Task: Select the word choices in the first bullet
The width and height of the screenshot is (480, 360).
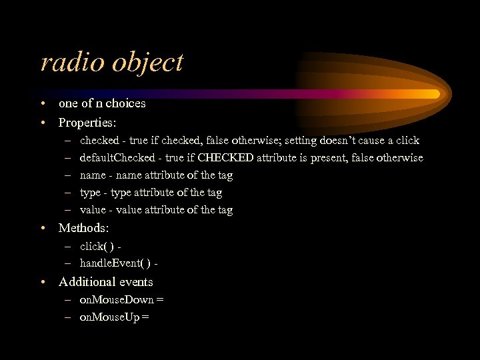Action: tap(125, 103)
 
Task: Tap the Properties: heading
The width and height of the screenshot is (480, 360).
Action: tap(87, 123)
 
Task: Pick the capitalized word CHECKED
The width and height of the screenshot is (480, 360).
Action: tap(227, 158)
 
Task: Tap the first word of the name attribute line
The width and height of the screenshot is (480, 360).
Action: tap(93, 175)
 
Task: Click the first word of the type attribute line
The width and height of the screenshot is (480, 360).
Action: tap(90, 193)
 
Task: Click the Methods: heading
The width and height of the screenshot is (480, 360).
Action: tap(83, 228)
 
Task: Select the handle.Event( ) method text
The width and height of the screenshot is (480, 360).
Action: tap(115, 264)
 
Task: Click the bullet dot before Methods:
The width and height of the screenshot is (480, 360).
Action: tap(43, 228)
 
